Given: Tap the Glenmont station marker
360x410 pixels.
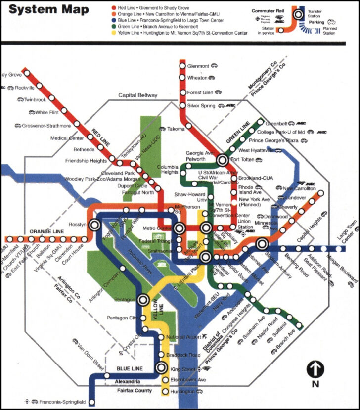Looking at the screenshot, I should coord(182,65).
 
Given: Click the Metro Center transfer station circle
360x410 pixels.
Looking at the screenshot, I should coord(180,228).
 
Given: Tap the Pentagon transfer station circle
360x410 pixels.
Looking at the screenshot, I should coord(143,300).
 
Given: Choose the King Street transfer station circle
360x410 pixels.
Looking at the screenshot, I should coord(161,367).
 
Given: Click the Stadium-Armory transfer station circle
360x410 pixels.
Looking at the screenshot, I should coord(262,243).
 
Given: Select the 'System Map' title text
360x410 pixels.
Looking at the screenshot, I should coord(49,9).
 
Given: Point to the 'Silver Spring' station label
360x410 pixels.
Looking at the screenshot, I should coord(201,106).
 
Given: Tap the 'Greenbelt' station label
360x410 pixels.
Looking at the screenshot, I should coord(280,123).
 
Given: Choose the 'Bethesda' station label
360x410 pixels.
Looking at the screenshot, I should coord(84,149).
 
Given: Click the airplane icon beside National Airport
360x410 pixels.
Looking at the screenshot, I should coord(206,337).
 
